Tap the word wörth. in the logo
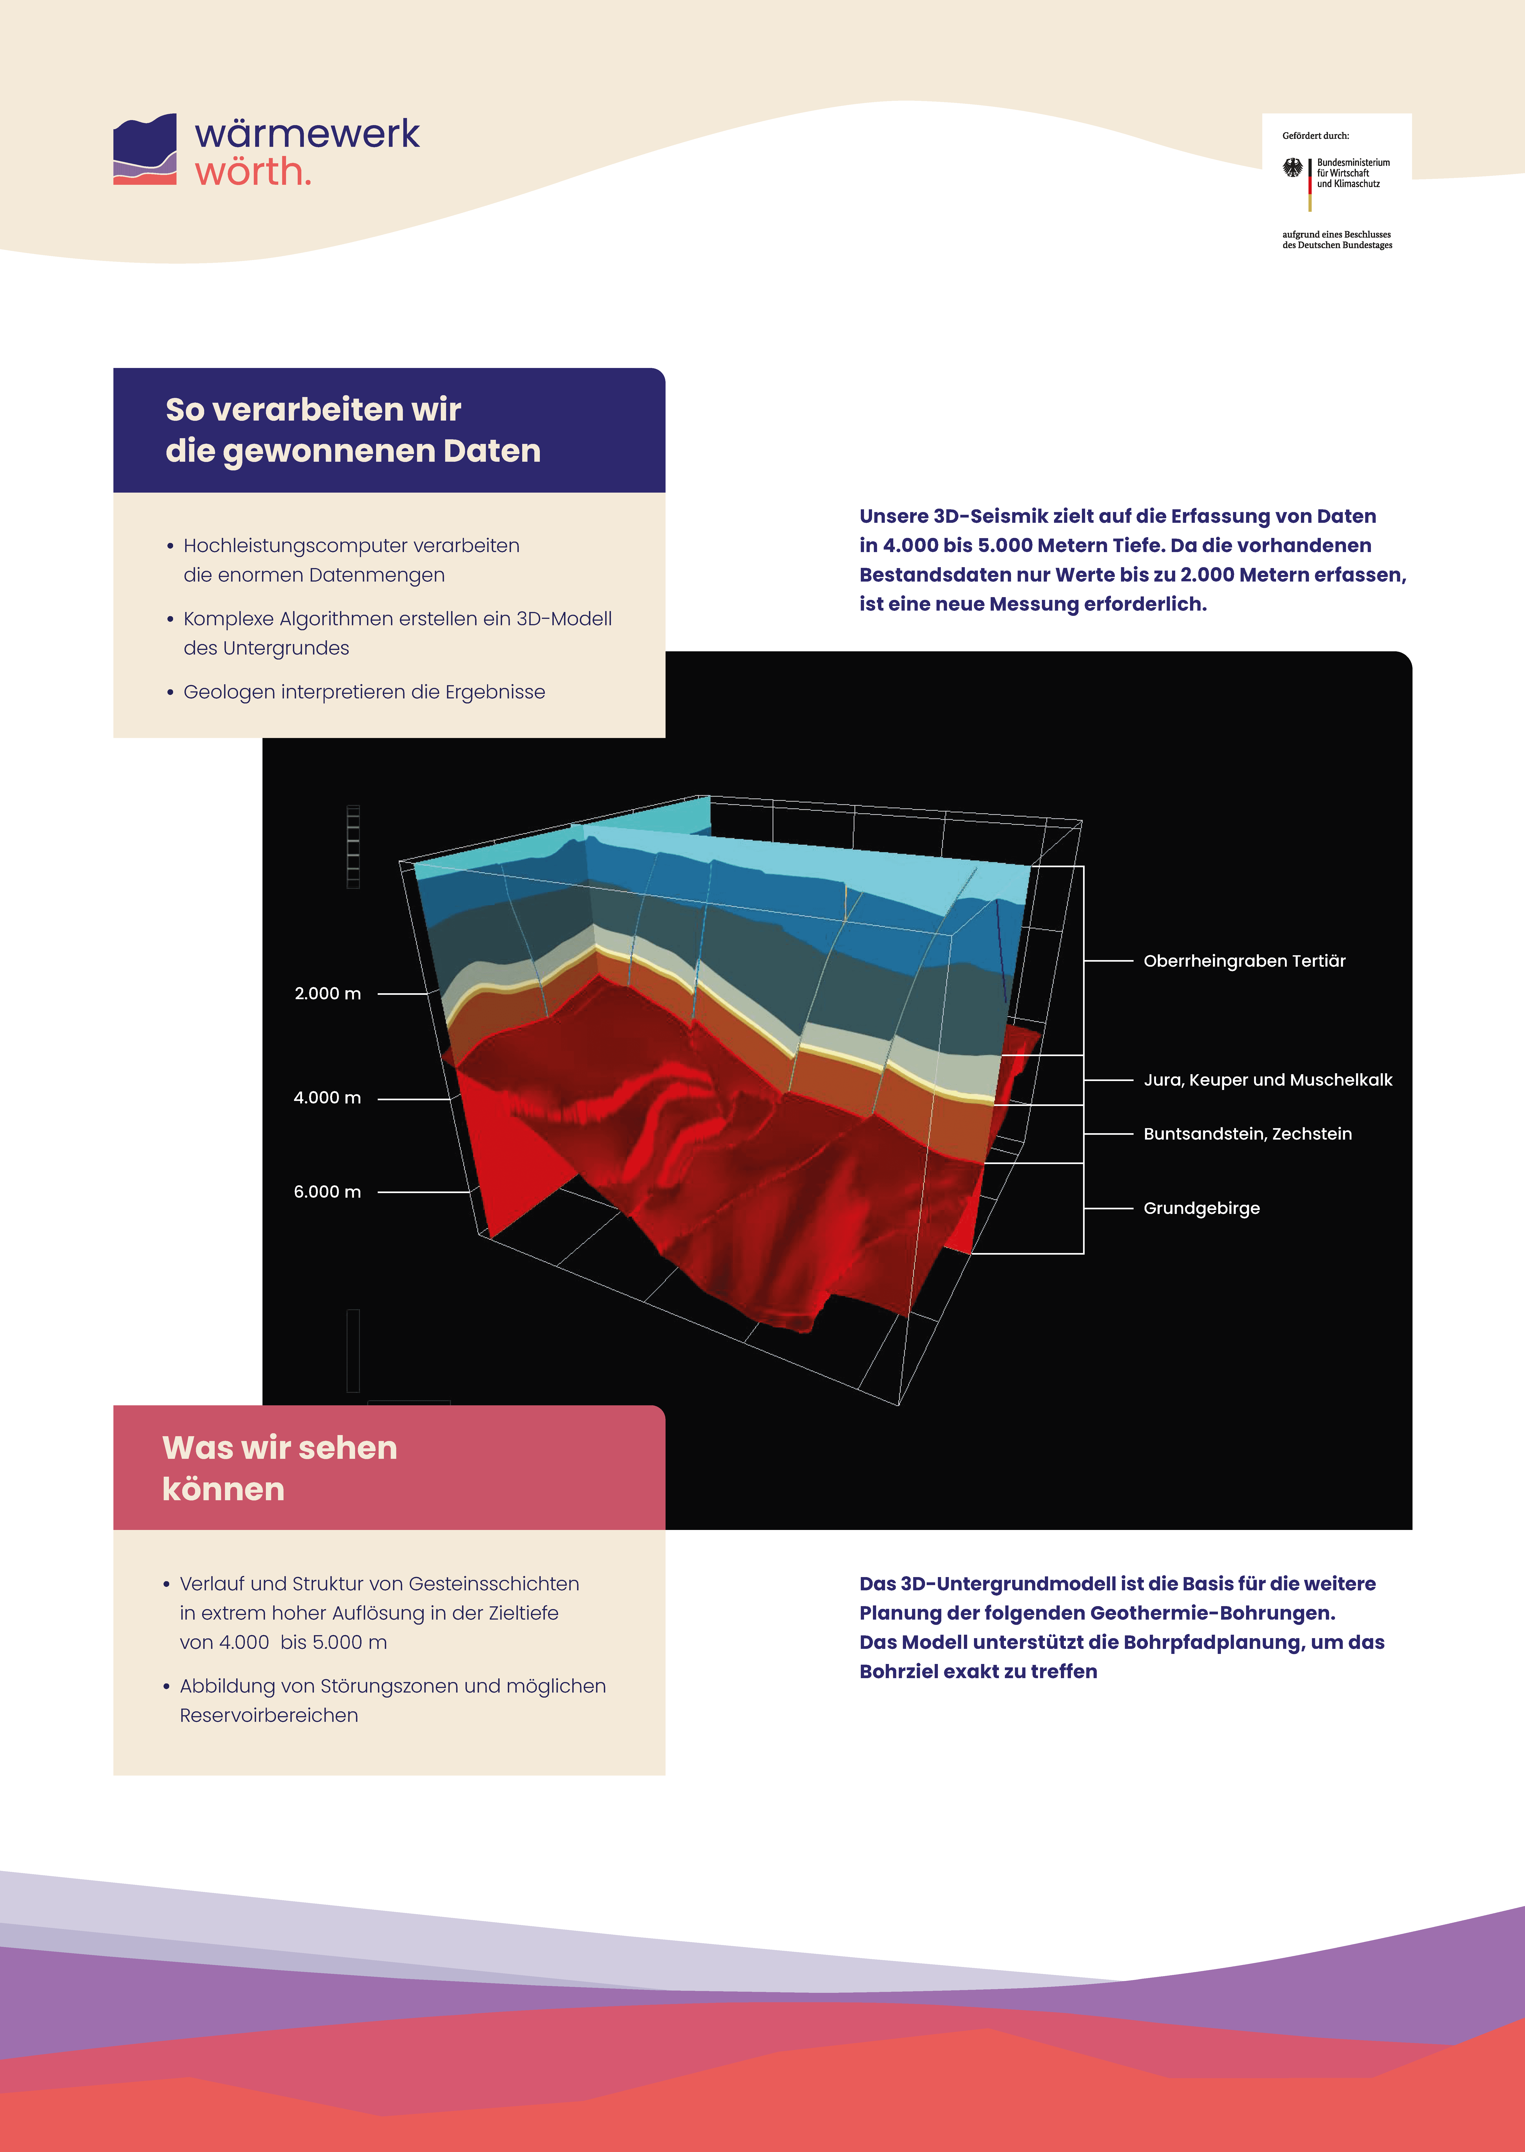pos(253,172)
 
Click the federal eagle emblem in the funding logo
pos(1293,168)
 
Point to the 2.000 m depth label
pos(328,994)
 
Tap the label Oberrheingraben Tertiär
pos(1244,961)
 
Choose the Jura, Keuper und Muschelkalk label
pos(1268,1080)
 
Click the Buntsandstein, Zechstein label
pos(1247,1134)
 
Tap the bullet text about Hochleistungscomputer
pos(351,560)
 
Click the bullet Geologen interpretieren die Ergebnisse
pos(364,692)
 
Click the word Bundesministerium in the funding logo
pos(1353,163)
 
